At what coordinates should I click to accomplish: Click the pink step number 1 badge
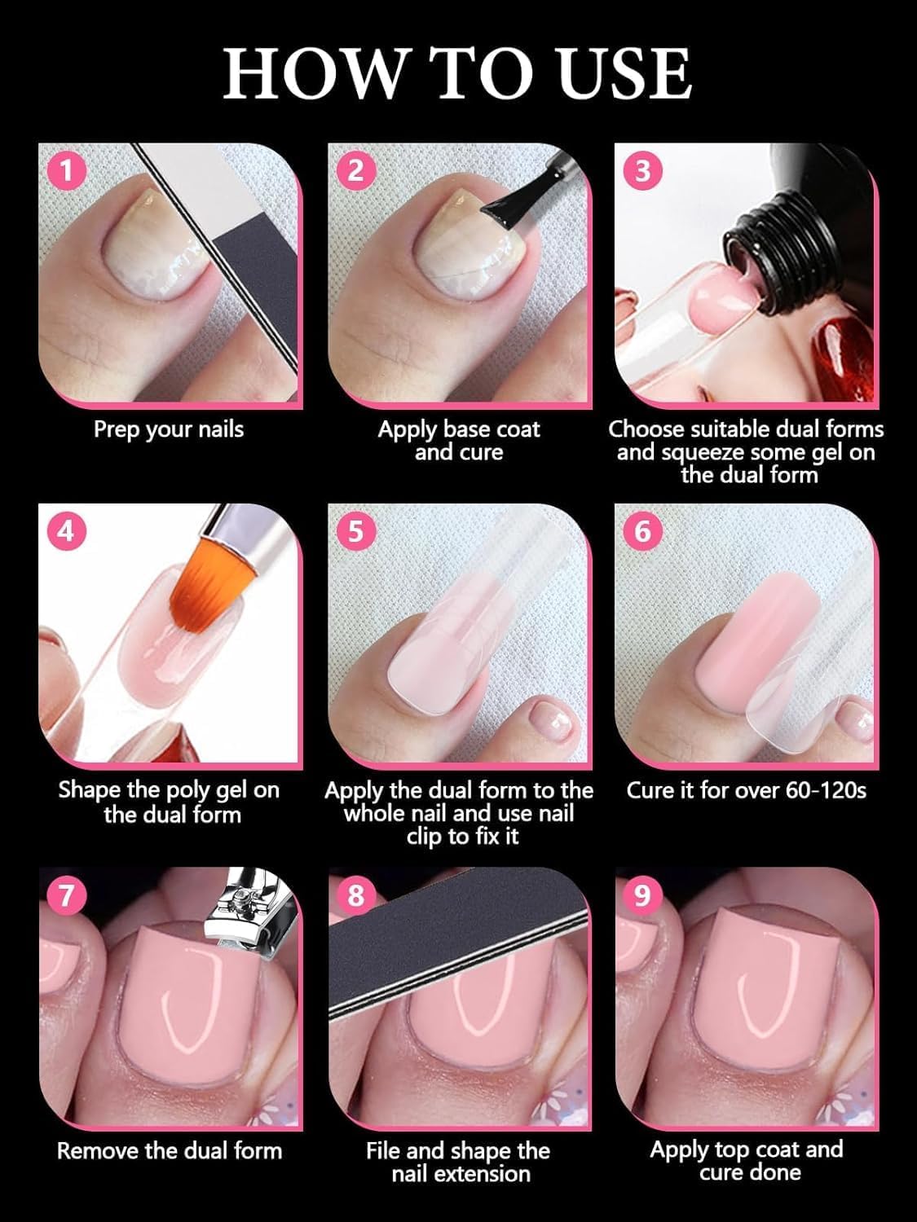[x=67, y=172]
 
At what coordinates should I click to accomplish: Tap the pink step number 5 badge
[x=355, y=532]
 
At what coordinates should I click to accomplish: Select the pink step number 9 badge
[x=642, y=894]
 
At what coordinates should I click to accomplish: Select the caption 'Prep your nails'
[x=168, y=429]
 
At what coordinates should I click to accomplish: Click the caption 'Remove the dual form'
[x=169, y=1150]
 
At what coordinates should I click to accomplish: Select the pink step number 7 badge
[x=67, y=894]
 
